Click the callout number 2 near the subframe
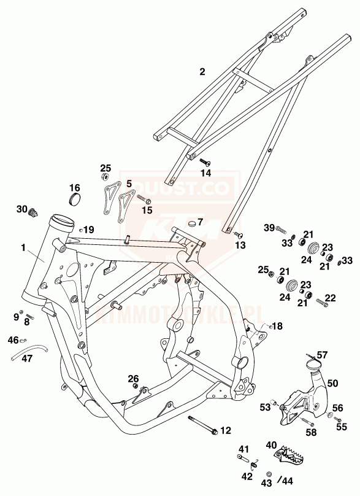202,72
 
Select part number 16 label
74,187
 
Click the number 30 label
22,209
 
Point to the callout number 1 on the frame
23,249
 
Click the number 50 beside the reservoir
332,383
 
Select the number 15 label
147,210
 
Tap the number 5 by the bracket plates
129,184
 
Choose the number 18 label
278,326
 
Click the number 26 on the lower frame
133,378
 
